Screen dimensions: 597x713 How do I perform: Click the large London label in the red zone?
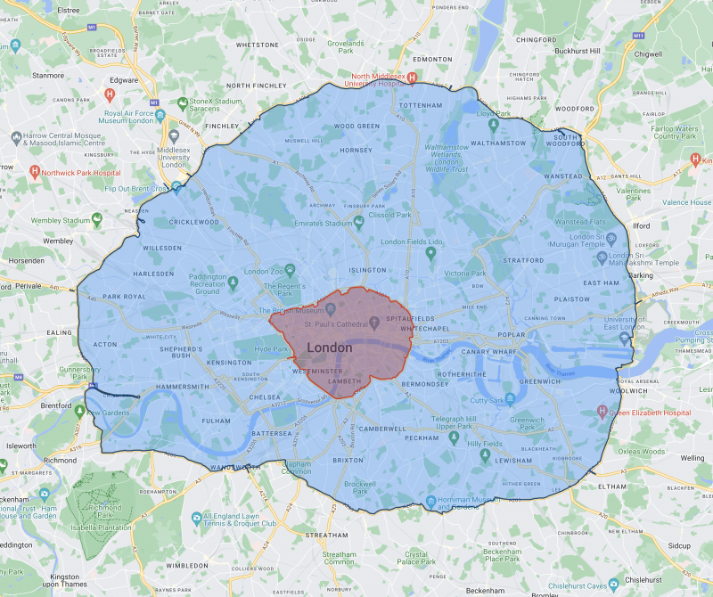(329, 348)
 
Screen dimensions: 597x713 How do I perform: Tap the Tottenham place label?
(421, 105)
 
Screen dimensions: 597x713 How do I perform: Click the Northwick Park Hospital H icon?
(35, 170)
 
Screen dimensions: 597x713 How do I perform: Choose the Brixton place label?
(348, 461)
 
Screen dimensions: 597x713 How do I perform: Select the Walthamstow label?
(499, 143)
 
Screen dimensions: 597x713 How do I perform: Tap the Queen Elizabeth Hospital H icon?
(603, 412)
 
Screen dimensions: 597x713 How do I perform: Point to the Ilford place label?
(642, 226)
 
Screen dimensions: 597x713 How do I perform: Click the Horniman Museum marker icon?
(431, 501)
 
